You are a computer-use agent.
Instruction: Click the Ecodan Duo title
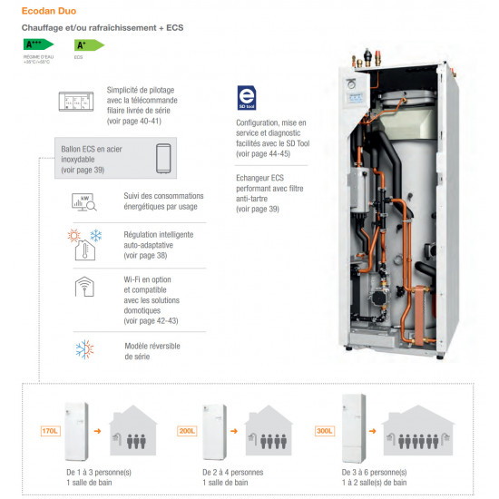tap(54, 12)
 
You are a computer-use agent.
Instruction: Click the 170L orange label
tap(50, 430)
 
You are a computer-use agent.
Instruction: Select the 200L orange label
tap(187, 430)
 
